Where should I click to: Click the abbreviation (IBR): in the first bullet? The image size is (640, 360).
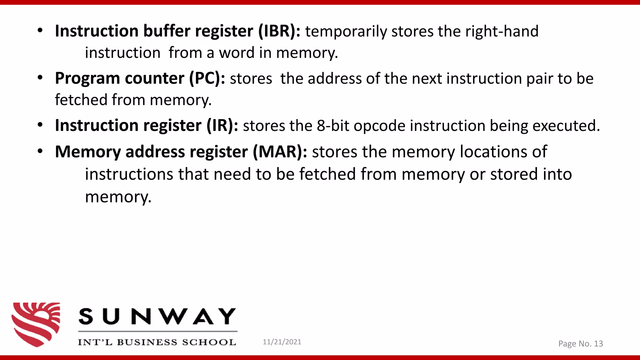tap(279, 31)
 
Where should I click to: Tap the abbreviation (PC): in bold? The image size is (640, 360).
tap(207, 78)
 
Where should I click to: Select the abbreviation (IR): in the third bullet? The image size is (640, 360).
tap(222, 126)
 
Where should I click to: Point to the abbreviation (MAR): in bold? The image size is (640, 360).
tap(280, 152)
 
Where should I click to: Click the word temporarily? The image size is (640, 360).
tap(346, 32)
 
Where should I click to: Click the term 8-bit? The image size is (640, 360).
tap(333, 126)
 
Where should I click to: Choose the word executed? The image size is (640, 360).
tap(566, 126)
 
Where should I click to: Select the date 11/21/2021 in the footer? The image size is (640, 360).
tap(282, 342)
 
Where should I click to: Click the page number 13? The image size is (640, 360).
tap(598, 344)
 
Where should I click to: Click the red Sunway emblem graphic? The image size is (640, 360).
tap(36, 324)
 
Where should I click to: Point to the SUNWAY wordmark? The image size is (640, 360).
tap(157, 316)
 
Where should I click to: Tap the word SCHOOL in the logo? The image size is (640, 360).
tap(209, 342)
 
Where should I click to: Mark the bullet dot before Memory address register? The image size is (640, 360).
tap(40, 152)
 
